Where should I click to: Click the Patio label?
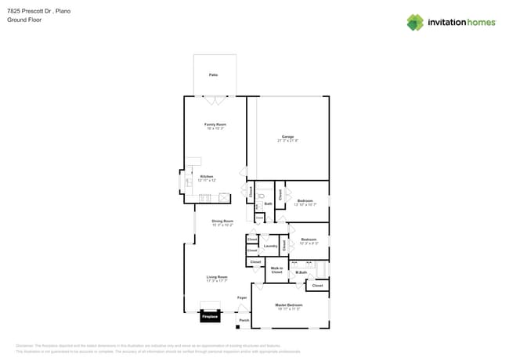[213, 74]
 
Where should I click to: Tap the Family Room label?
[215, 124]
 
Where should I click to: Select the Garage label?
[288, 138]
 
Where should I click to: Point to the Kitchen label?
[206, 176]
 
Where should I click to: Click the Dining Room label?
[222, 221]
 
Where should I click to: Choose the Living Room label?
[216, 277]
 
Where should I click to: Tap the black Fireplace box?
[209, 317]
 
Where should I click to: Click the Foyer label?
[243, 298]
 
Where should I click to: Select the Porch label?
[244, 320]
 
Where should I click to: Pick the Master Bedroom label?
[288, 304]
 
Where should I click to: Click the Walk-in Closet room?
[276, 270]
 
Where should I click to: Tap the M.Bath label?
[301, 272]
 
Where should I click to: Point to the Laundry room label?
[270, 246]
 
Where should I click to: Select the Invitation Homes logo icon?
[415, 22]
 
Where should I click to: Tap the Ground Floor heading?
[24, 20]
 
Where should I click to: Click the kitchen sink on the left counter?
[188, 182]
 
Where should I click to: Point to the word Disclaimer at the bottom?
[27, 345]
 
